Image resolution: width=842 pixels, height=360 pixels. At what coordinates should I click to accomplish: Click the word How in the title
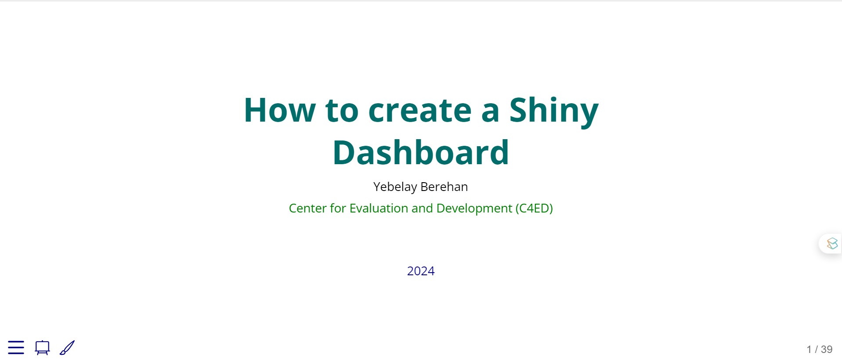pyautogui.click(x=280, y=110)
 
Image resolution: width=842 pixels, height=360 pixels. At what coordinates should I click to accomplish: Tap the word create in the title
pyautogui.click(x=420, y=110)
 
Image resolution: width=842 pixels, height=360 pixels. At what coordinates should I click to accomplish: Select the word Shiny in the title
pyautogui.click(x=554, y=111)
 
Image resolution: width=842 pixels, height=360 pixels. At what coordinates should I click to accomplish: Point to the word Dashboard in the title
pyautogui.click(x=421, y=152)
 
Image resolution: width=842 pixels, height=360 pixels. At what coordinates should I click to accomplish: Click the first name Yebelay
pyautogui.click(x=395, y=187)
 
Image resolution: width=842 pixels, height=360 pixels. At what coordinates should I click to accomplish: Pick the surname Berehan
pyautogui.click(x=444, y=187)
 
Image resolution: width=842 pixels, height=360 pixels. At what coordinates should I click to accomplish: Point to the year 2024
pyautogui.click(x=421, y=271)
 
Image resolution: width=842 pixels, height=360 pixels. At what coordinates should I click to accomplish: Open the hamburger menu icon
pyautogui.click(x=16, y=347)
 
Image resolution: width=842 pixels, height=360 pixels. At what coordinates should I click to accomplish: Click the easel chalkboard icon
pyautogui.click(x=42, y=348)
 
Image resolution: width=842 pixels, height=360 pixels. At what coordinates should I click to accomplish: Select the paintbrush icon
pyautogui.click(x=67, y=348)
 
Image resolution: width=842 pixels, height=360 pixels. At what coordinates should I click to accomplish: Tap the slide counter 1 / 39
pyautogui.click(x=820, y=349)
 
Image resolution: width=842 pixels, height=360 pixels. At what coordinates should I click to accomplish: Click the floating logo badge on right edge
pyautogui.click(x=832, y=243)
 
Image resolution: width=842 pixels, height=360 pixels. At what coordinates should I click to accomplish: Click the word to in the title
pyautogui.click(x=342, y=111)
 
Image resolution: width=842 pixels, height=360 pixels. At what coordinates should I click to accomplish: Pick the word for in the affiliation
pyautogui.click(x=338, y=208)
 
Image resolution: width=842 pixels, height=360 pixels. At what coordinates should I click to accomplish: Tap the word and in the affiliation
pyautogui.click(x=422, y=208)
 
